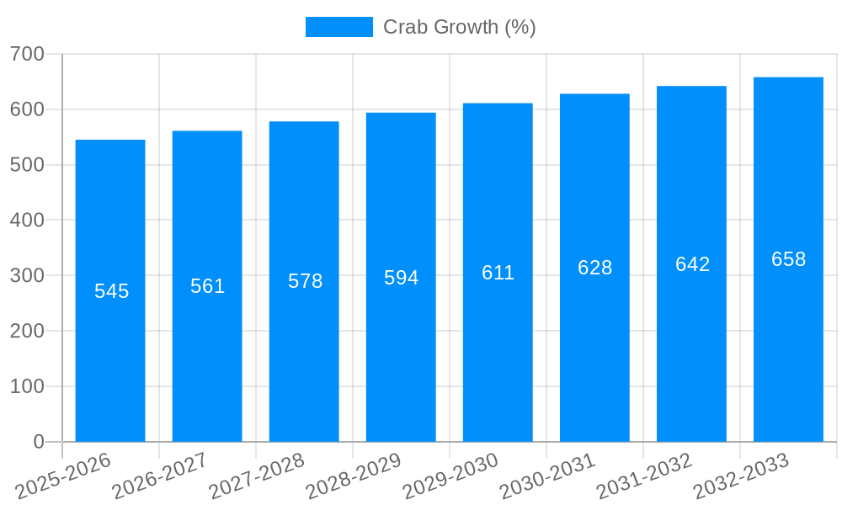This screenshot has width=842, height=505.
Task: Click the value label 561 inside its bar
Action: (207, 286)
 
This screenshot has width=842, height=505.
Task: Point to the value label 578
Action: (305, 281)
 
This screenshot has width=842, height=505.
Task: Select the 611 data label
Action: (498, 273)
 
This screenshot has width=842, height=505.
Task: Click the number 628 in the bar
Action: (594, 268)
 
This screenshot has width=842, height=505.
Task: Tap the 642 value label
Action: (692, 264)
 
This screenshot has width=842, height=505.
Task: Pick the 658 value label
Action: (788, 259)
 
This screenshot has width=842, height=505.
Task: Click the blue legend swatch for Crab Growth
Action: (338, 27)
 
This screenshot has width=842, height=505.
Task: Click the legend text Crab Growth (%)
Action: (459, 27)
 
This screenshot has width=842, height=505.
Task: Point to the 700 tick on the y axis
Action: (27, 54)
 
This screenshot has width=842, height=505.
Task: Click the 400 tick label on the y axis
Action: (27, 220)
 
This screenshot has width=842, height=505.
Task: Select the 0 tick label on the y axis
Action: (39, 442)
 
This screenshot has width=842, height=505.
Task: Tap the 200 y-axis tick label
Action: (27, 331)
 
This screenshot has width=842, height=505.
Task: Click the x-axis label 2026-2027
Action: (160, 476)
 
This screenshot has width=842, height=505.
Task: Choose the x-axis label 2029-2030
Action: (450, 476)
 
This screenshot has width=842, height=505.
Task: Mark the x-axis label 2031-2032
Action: (644, 476)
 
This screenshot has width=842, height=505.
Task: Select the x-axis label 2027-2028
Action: (257, 476)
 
